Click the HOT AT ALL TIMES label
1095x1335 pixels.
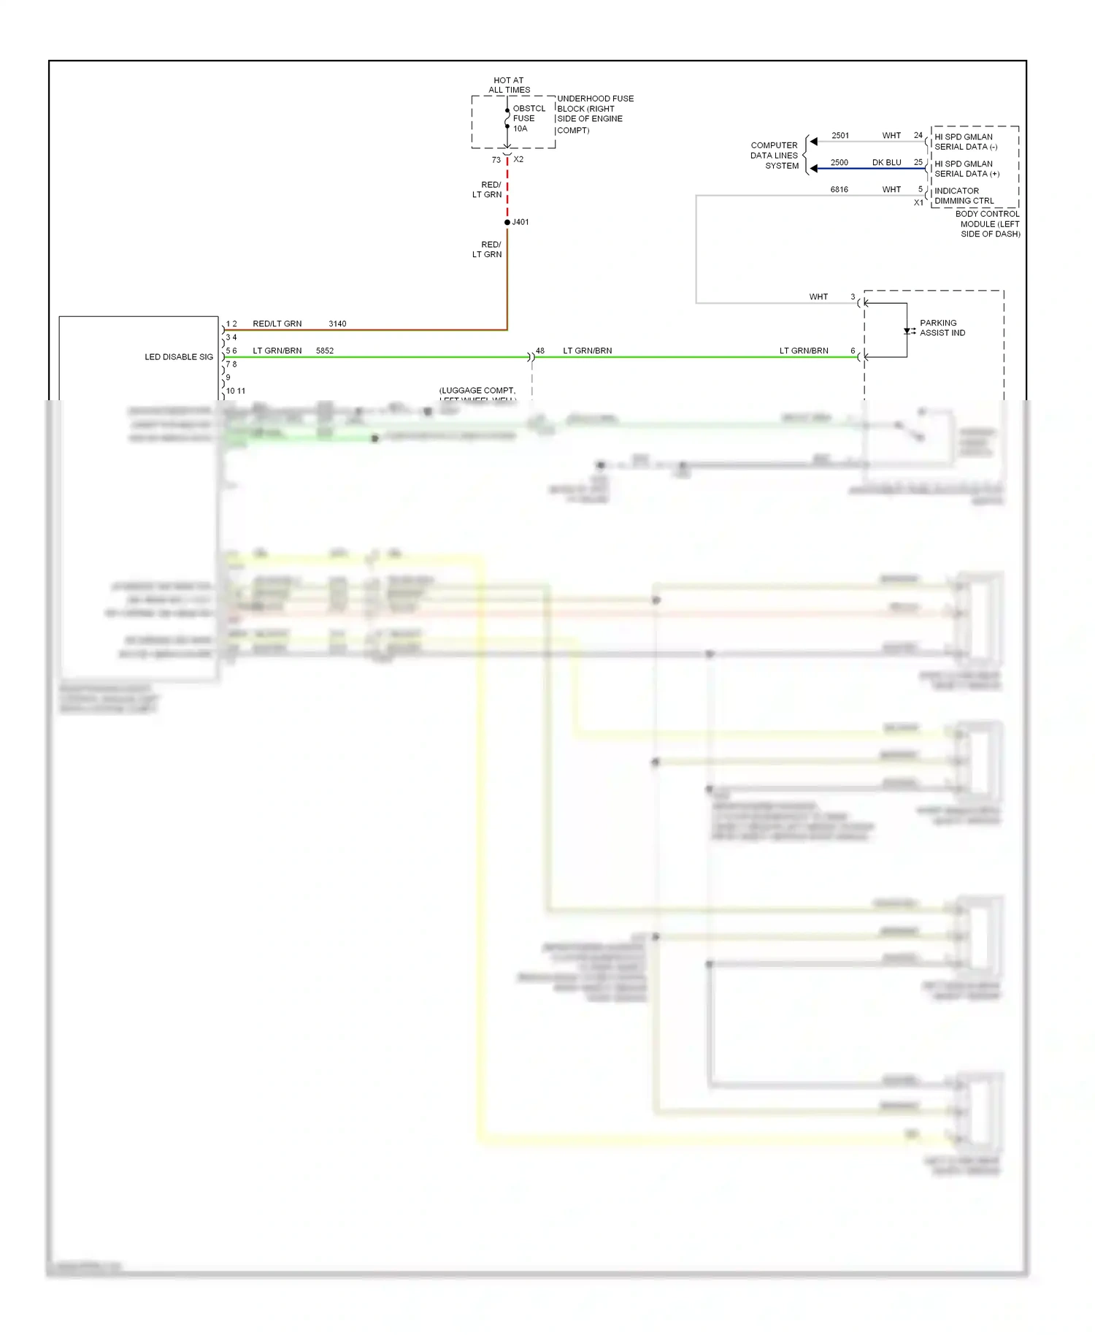point(509,85)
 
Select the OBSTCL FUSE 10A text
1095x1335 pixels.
point(528,118)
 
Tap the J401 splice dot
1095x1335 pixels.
point(507,222)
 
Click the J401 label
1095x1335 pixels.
point(520,222)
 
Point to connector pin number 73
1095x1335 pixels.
point(496,160)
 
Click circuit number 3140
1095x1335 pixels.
point(337,324)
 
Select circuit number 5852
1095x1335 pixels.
point(325,351)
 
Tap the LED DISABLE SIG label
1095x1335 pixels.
point(179,357)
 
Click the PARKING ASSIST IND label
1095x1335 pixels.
point(942,328)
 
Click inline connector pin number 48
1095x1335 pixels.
point(540,351)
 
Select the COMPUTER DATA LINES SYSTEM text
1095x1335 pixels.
point(775,156)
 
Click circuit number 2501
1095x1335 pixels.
point(840,136)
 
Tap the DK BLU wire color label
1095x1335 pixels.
point(886,163)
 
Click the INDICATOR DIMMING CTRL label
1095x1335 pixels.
point(964,196)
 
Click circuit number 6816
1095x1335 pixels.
point(839,190)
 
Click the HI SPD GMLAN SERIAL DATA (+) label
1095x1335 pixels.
point(967,169)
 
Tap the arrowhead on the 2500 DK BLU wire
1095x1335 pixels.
point(813,169)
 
